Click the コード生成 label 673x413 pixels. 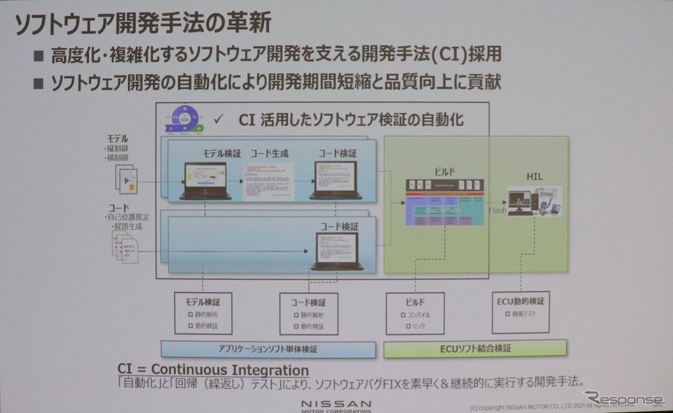(x=269, y=152)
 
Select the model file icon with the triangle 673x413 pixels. (x=126, y=179)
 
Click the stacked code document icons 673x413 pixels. (x=126, y=246)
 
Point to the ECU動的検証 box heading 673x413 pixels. (x=521, y=301)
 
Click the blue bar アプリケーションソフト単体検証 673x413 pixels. (x=268, y=348)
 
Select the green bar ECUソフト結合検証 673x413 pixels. (x=475, y=348)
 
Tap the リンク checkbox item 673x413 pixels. (x=416, y=326)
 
